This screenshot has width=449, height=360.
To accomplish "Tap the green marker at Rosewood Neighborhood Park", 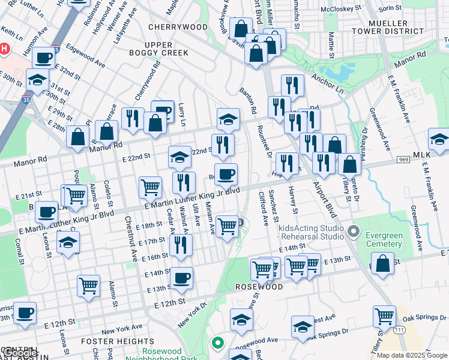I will [x=217, y=344].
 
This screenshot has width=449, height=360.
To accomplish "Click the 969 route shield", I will [x=403, y=159].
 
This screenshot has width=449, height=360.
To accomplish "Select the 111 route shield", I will [x=399, y=330].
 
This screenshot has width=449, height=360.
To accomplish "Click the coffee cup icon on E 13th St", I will [x=182, y=278].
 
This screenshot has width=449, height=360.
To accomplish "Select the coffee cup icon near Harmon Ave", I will [x=43, y=58].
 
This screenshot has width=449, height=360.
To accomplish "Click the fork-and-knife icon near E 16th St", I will [x=179, y=244].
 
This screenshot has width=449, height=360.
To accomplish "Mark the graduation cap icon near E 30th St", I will [x=37, y=79].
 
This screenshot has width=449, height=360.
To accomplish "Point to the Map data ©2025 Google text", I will [x=412, y=355].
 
